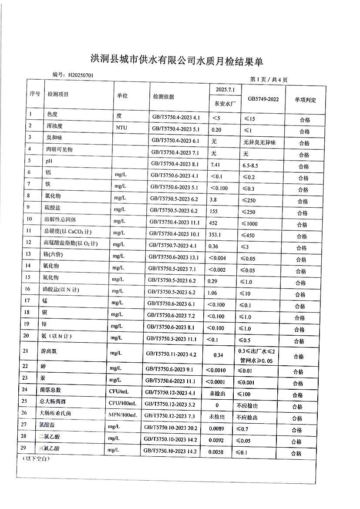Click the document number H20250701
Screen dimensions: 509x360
[x=81, y=75]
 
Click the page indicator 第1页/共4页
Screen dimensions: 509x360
[x=269, y=80]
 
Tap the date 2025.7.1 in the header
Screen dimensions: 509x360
[x=225, y=89]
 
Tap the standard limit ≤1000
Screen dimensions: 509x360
[x=247, y=224]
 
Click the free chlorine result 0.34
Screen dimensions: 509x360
[x=219, y=355]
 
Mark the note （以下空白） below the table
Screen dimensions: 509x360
[x=34, y=459]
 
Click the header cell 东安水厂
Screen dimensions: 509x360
[x=225, y=104]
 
